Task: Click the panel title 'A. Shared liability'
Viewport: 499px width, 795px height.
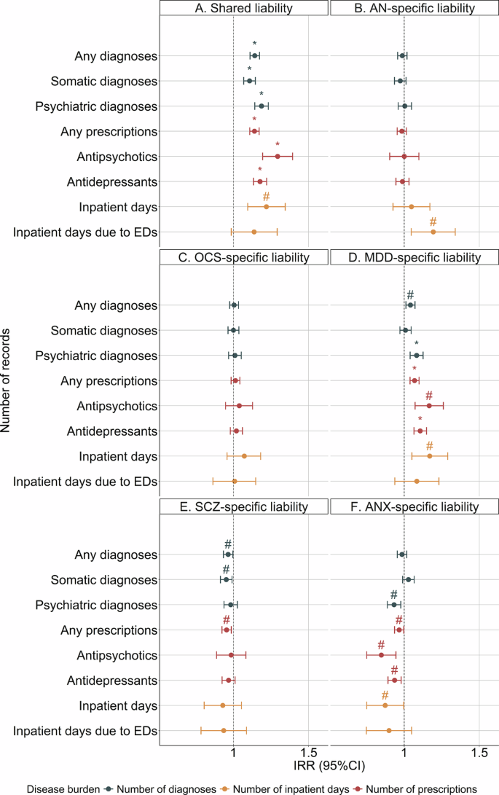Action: (244, 8)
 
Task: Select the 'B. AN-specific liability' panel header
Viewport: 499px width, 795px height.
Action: (414, 8)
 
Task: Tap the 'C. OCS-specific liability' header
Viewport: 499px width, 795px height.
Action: (244, 257)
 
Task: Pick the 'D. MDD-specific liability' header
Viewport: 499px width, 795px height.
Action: (414, 257)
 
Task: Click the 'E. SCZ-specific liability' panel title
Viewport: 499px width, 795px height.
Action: (244, 506)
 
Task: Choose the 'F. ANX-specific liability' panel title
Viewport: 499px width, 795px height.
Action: (414, 506)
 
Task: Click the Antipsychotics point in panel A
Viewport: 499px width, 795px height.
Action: (278, 156)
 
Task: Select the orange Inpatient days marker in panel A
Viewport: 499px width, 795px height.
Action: (266, 207)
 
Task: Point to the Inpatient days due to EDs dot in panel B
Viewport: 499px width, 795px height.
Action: (433, 232)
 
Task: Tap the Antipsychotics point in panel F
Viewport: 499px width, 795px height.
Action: (381, 654)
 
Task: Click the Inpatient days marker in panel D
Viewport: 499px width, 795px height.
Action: (430, 456)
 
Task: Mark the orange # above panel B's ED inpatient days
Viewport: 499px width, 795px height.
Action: (433, 222)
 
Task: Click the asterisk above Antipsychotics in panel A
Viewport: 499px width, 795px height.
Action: (278, 145)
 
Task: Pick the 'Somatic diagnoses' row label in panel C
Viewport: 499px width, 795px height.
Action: (104, 331)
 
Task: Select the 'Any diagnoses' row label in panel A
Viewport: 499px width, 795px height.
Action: (116, 56)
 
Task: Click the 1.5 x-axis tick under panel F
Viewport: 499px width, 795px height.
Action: (479, 751)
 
